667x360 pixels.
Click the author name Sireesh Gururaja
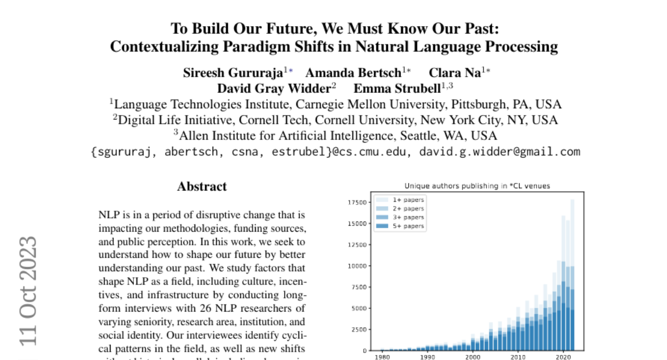[x=233, y=73]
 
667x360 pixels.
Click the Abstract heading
[x=202, y=187]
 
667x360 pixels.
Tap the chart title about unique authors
[x=477, y=186]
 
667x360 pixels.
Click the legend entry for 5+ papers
[x=408, y=226]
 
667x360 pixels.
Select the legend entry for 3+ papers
[x=408, y=217]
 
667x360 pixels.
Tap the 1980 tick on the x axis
[x=382, y=358]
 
